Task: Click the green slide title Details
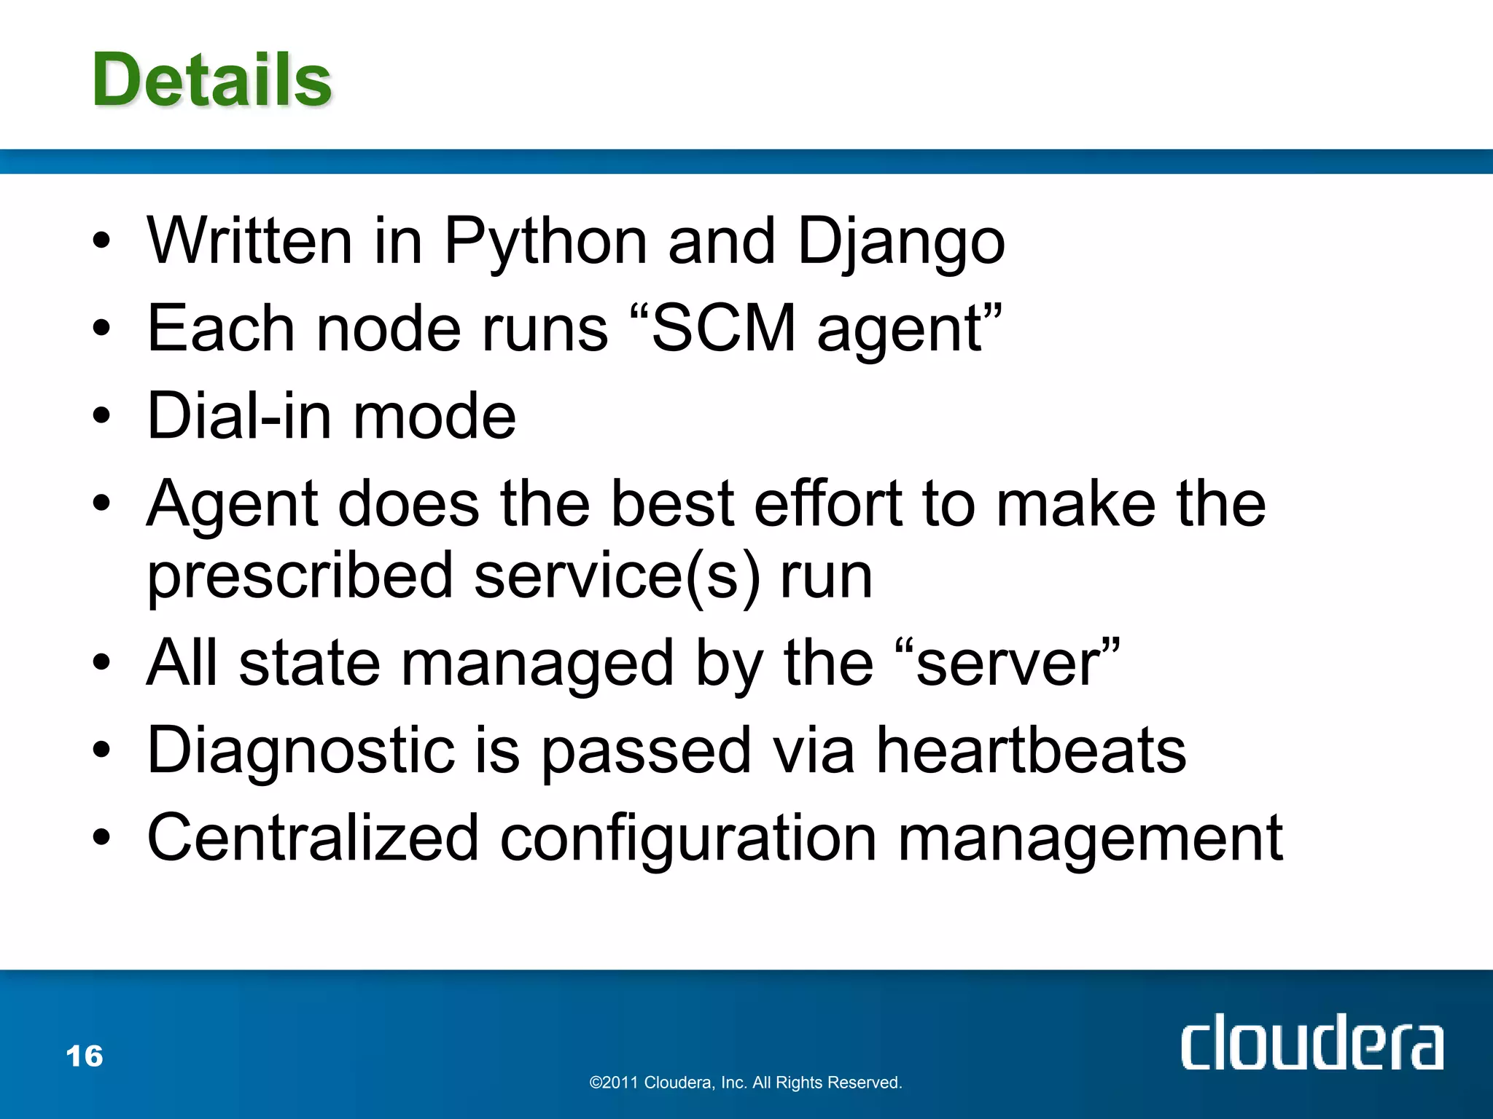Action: [212, 79]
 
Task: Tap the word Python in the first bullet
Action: [545, 242]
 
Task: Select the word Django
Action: [901, 242]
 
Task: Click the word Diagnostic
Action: [301, 751]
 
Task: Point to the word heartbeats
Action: [1031, 751]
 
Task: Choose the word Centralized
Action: [313, 839]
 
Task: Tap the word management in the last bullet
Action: [1091, 839]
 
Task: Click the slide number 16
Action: [85, 1056]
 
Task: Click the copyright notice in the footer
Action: [746, 1083]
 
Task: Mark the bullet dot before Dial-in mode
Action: [101, 416]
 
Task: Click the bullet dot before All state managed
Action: [101, 664]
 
